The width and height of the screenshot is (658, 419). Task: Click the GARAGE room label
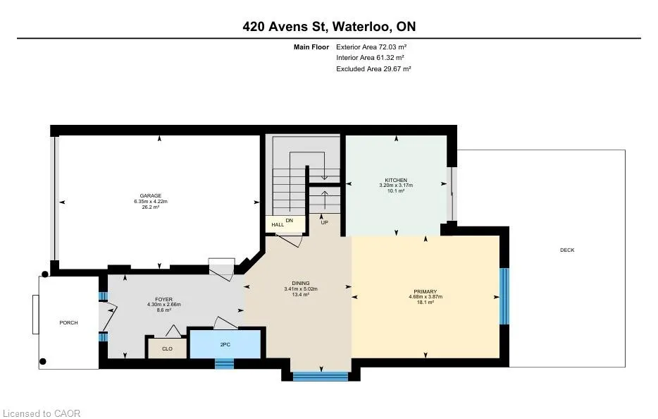[x=151, y=195]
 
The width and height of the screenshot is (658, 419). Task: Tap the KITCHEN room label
[x=396, y=180]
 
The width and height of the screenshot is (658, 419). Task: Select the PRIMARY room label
[x=426, y=291]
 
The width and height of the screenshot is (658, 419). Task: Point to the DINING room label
[x=301, y=284]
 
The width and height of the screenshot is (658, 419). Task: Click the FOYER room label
[x=163, y=299]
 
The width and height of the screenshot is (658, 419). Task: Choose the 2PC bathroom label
[x=225, y=345]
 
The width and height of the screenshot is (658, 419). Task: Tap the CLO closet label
[x=168, y=349]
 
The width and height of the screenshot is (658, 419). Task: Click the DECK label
[x=567, y=250]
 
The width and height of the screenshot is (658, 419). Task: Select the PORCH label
[x=69, y=323]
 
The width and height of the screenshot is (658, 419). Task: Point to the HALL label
[x=278, y=225]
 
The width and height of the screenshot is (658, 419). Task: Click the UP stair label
[x=324, y=222]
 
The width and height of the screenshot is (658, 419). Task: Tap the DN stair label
[x=290, y=220]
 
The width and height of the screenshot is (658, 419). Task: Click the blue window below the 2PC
[x=225, y=363]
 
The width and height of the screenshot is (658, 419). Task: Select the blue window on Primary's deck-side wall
[x=504, y=296]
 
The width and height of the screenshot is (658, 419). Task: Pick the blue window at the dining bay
[x=321, y=377]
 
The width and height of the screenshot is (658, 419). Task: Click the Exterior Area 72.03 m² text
[x=371, y=47]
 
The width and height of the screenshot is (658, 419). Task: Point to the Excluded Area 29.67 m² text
[x=373, y=69]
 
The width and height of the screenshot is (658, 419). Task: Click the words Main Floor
[x=311, y=47]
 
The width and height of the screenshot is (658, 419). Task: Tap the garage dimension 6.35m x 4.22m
[x=151, y=201]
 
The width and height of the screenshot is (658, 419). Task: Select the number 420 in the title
[x=254, y=27]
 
